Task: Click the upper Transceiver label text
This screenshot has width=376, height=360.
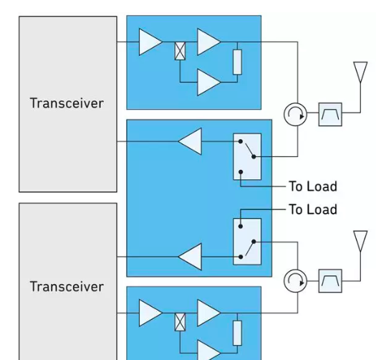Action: (x=67, y=103)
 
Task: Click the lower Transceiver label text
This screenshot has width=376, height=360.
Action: (x=67, y=287)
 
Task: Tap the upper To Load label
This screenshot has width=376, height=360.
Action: (x=313, y=186)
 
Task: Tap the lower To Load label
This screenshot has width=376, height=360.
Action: (x=313, y=209)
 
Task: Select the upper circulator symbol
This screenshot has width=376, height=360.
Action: (x=295, y=115)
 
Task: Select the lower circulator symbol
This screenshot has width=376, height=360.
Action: (x=295, y=281)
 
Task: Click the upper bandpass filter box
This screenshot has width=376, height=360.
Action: (x=330, y=114)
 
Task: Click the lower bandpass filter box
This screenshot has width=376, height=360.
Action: (x=330, y=281)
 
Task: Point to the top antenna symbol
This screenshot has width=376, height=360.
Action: (x=360, y=72)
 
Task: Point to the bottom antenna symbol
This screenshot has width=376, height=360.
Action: (x=360, y=241)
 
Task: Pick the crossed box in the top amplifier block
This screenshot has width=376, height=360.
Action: (x=180, y=51)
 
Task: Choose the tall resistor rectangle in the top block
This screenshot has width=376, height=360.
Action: (x=237, y=62)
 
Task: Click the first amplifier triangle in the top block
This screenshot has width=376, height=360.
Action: (x=150, y=42)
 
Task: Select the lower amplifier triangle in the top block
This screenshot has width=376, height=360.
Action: (x=208, y=82)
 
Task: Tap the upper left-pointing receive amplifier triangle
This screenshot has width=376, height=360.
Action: (x=190, y=141)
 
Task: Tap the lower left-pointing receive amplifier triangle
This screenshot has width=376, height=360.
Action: (x=190, y=257)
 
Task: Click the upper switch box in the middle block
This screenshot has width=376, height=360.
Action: (x=247, y=156)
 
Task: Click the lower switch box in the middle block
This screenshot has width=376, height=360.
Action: (x=247, y=242)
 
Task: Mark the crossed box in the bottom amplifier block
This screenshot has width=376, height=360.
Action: (x=180, y=322)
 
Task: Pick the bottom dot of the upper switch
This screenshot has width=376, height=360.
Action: (x=241, y=172)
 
